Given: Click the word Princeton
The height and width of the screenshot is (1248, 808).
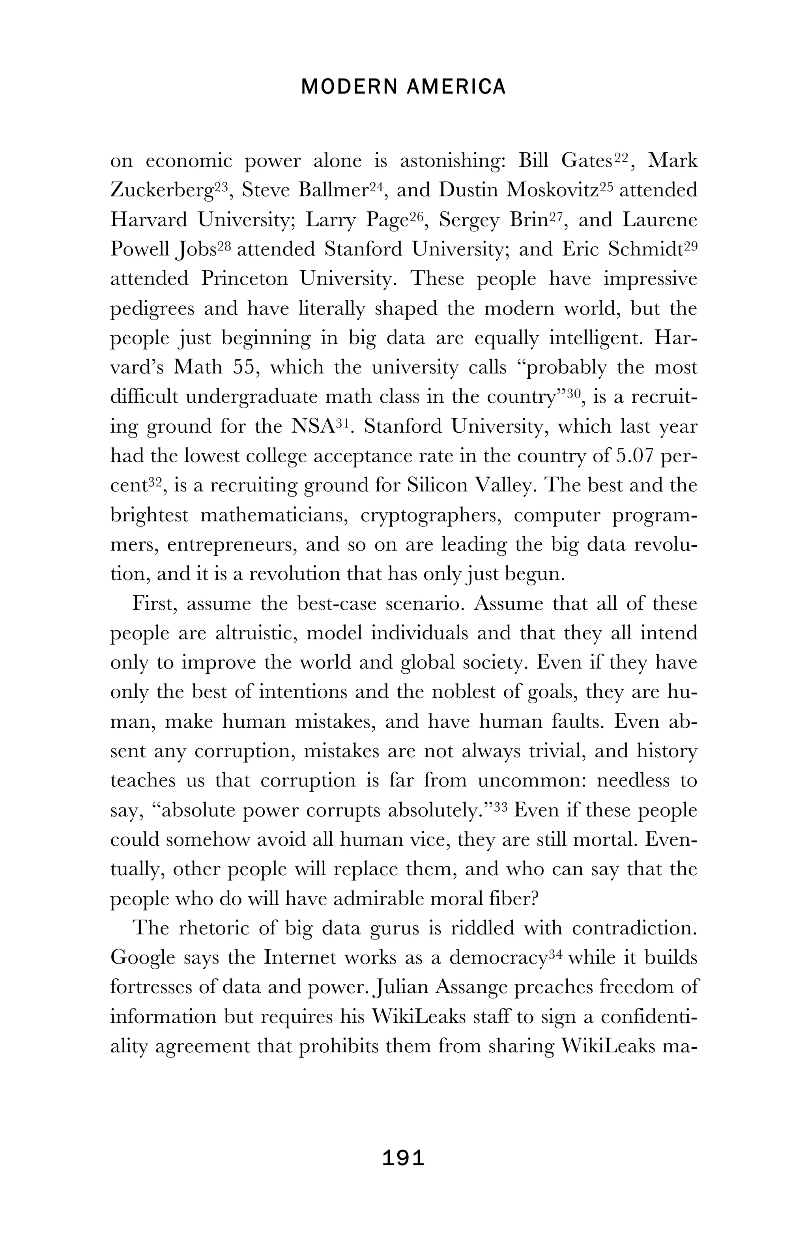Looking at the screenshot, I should click(244, 278).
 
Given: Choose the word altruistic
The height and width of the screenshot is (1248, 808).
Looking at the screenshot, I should click(256, 633).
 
